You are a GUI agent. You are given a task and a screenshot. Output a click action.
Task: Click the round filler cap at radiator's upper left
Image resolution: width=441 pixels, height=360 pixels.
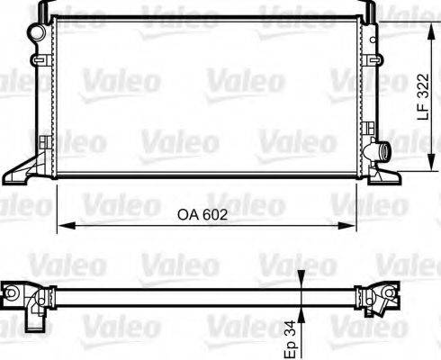tap(36, 32)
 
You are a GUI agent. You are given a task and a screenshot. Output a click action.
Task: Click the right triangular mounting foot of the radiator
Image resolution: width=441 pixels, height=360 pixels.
tap(384, 174)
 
